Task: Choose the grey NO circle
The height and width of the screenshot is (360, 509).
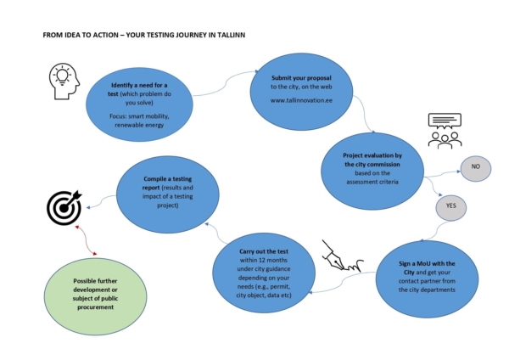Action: click(475, 168)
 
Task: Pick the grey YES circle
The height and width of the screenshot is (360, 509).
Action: click(450, 205)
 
